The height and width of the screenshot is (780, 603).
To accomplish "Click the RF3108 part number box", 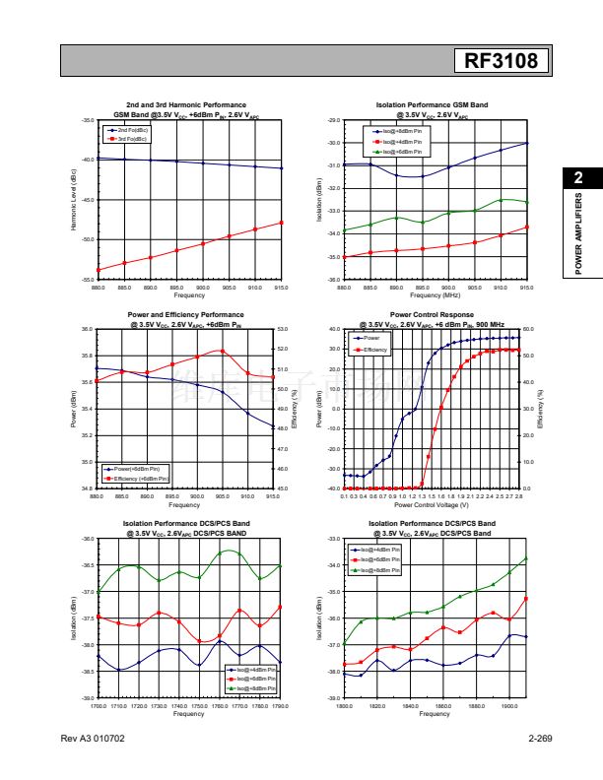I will (501, 61).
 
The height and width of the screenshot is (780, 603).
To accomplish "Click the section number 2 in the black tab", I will (578, 177).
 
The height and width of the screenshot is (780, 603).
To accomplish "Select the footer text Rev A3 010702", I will (93, 738).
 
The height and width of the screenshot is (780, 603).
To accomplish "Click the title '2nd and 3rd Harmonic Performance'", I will (186, 104).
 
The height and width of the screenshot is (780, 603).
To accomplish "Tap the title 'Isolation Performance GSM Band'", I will (433, 104).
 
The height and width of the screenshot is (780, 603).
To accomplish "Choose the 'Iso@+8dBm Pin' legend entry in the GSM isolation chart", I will (401, 152).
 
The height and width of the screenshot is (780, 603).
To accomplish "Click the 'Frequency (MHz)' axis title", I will (435, 295).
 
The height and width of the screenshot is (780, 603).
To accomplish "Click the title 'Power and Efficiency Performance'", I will (186, 315).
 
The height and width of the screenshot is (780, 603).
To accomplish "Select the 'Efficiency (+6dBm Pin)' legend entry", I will (140, 478).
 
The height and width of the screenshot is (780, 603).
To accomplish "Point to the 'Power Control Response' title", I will (433, 315).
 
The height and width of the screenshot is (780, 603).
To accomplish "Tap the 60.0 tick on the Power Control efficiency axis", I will (527, 329).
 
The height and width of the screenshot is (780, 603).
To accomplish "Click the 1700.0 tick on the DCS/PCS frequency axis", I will (99, 706).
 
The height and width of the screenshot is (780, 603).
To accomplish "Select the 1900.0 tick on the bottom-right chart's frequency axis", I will (509, 706).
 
